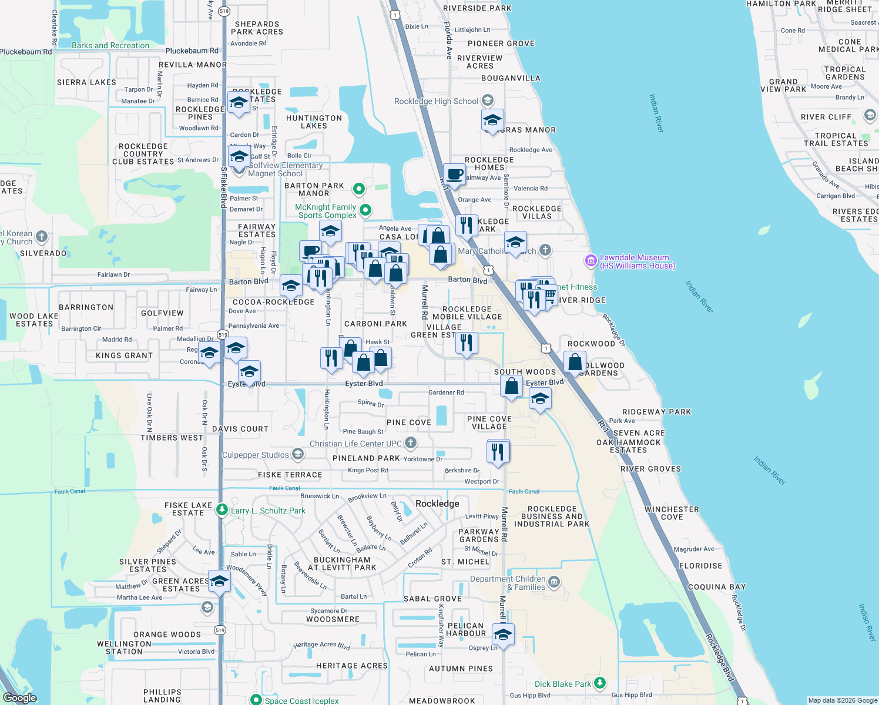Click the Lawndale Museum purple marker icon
click(x=591, y=260)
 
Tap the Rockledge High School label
click(x=436, y=101)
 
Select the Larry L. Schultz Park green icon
click(x=222, y=510)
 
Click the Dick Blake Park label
click(x=562, y=684)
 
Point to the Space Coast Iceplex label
click(x=301, y=700)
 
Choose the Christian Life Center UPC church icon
click(x=411, y=442)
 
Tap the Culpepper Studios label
click(x=255, y=455)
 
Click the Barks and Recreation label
click(x=110, y=45)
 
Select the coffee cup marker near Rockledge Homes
click(x=454, y=174)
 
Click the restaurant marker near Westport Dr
click(x=498, y=452)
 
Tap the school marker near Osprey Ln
click(x=502, y=635)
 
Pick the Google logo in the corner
click(x=19, y=698)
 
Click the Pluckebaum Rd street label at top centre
click(x=192, y=51)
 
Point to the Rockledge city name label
click(x=437, y=503)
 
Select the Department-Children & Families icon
click(x=554, y=582)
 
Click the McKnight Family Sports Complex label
click(x=326, y=211)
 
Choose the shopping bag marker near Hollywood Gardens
click(x=575, y=362)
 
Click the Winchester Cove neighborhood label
click(x=672, y=513)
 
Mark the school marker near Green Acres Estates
click(x=219, y=582)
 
